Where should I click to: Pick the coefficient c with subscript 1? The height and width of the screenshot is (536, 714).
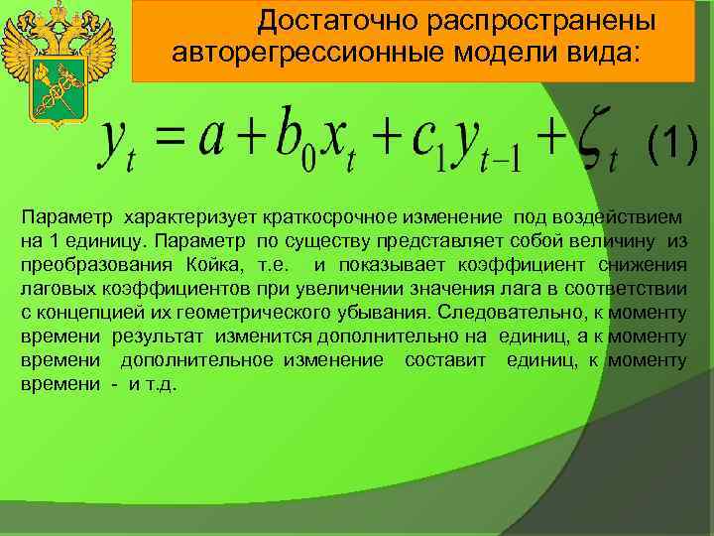pyautogui.click(x=422, y=146)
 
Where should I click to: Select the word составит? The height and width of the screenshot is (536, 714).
pyautogui.click(x=445, y=360)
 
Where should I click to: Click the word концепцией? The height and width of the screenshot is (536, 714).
pyautogui.click(x=72, y=313)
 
